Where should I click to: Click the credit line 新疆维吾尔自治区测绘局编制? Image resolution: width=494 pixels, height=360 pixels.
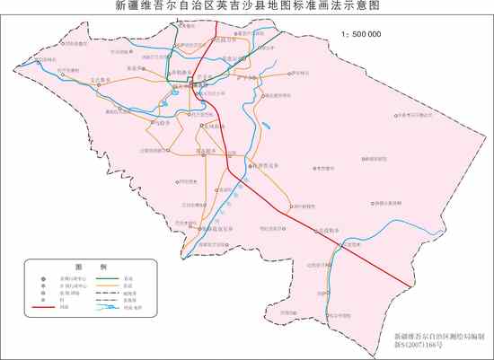(439, 335)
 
